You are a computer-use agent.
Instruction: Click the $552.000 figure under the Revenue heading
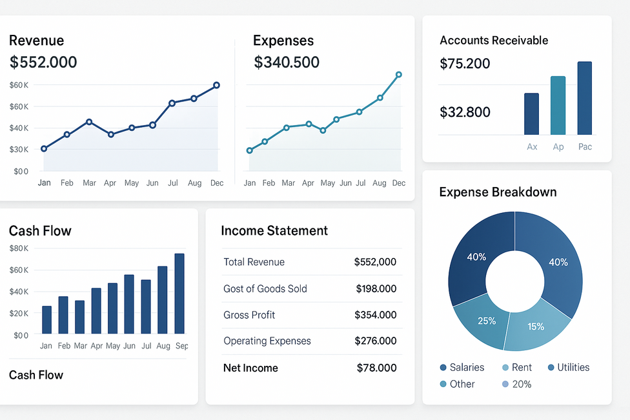pos(43,63)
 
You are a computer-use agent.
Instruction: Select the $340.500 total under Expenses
pos(287,63)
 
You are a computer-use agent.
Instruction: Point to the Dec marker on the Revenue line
pos(216,85)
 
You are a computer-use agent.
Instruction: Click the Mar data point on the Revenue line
pos(89,122)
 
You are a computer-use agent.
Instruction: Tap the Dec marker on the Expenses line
pos(399,75)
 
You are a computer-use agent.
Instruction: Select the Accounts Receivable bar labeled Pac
pos(584,98)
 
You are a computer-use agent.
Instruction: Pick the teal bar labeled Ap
pos(558,105)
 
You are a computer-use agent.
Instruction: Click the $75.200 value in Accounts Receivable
pos(465,64)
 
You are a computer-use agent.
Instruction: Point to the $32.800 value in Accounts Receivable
pos(465,112)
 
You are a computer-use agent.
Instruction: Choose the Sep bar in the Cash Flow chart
pos(179,294)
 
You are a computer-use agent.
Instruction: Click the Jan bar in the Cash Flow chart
pos(46,319)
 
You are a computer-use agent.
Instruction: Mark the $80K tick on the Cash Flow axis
pos(19,248)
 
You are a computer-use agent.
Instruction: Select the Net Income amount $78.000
pos(376,368)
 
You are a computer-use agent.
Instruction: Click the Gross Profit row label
pos(249,315)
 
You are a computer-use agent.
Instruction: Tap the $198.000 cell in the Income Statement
pos(376,289)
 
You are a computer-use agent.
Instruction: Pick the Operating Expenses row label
pos(267,341)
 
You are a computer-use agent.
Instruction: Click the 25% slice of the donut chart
pos(483,321)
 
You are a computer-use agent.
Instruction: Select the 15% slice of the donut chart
pos(536,326)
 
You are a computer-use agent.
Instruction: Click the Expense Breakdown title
pos(498,192)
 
